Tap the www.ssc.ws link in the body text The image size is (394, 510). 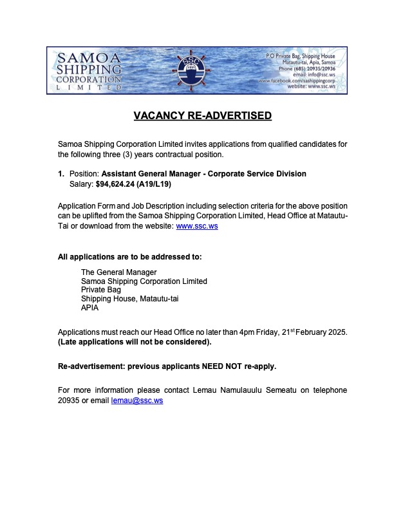click(x=192, y=227)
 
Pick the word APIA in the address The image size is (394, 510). click(x=89, y=308)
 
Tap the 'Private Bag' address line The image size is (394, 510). click(x=101, y=290)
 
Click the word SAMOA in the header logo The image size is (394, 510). click(x=82, y=58)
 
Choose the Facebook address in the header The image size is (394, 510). click(x=301, y=80)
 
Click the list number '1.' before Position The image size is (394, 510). click(x=61, y=174)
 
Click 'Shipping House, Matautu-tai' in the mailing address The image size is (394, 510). click(x=125, y=299)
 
